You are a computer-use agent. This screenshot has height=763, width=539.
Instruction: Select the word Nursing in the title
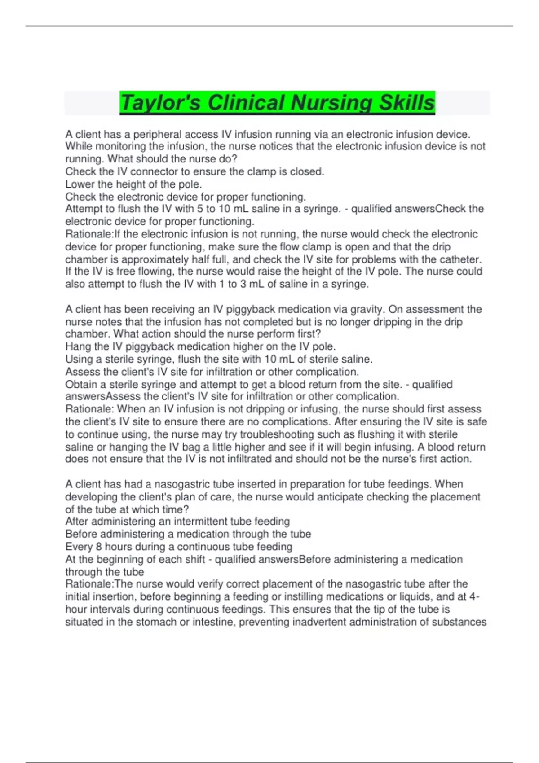point(331,103)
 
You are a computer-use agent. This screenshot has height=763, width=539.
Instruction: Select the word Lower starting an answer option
point(80,184)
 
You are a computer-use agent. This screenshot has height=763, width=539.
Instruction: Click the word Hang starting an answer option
point(77,346)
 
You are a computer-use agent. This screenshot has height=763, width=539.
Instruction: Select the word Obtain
point(81,384)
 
